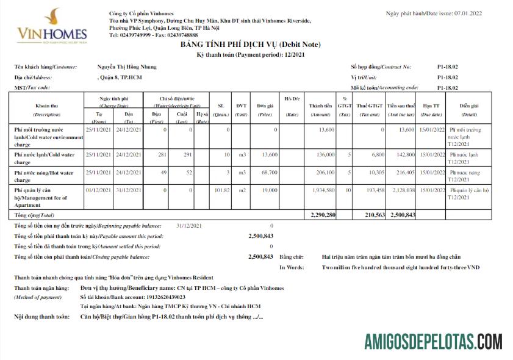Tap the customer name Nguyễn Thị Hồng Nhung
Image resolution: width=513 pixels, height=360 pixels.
pyautogui.click(x=127, y=67)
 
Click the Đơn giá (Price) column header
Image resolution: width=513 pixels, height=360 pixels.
pyautogui.click(x=265, y=109)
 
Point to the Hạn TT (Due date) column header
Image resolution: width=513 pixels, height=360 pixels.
pyautogui.click(x=430, y=109)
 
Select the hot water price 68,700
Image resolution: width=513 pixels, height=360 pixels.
pyautogui.click(x=268, y=173)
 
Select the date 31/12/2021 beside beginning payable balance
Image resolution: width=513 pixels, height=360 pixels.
pyautogui.click(x=188, y=226)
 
